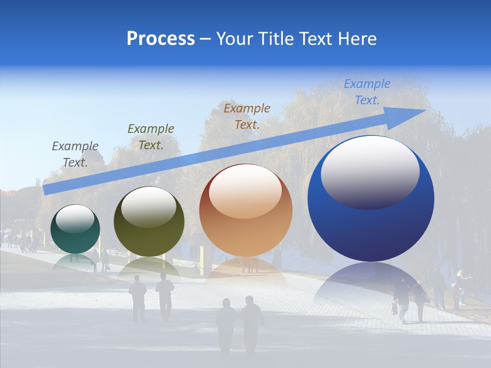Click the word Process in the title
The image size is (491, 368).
click(x=161, y=39)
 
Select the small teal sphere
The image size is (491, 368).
click(x=75, y=229)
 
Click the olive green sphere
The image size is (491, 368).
click(x=149, y=222)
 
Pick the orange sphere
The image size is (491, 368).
click(x=246, y=211)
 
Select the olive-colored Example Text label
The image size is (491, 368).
click(x=151, y=136)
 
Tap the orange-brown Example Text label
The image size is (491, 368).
click(x=247, y=116)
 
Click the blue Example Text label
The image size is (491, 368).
click(x=367, y=92)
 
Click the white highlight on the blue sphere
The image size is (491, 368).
click(x=370, y=171)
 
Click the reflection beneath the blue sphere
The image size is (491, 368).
click(x=371, y=281)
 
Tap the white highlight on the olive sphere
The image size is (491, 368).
click(x=149, y=206)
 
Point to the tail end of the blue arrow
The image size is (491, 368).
click(x=47, y=189)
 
